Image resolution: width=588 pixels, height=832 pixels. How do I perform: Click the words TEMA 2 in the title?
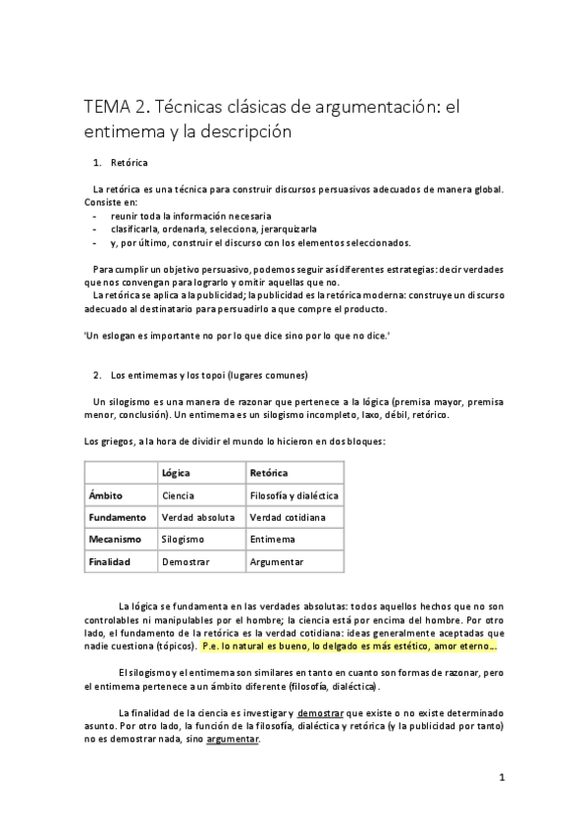(114, 106)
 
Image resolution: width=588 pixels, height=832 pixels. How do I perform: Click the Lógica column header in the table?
(177, 473)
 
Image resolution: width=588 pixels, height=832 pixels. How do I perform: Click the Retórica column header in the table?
(270, 473)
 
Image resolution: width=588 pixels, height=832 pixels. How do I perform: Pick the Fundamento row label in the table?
(117, 517)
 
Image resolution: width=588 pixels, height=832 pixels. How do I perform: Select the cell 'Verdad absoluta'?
(198, 517)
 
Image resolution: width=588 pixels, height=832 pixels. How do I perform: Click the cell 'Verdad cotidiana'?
(288, 517)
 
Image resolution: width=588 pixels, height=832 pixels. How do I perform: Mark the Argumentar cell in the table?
(277, 561)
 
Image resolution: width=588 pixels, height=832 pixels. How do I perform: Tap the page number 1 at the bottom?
(502, 778)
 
